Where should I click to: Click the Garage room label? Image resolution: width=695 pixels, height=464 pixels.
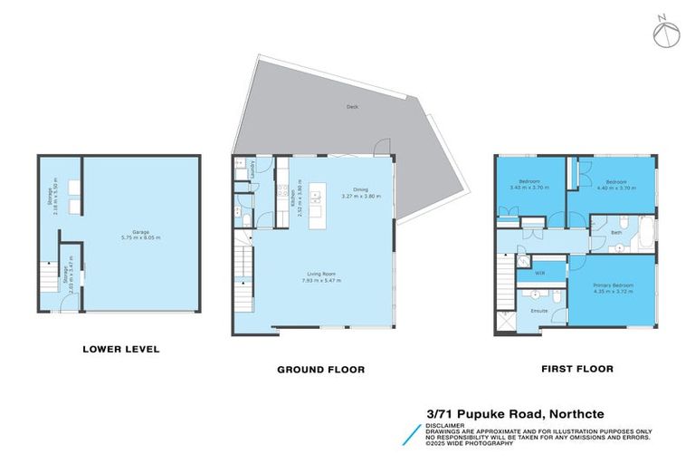[140, 233]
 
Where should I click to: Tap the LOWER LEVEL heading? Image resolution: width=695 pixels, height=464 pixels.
[121, 348]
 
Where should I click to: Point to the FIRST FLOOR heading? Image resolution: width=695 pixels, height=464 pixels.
[576, 369]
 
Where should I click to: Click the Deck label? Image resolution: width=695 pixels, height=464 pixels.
[352, 107]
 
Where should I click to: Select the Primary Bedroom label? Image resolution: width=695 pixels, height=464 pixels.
[613, 285]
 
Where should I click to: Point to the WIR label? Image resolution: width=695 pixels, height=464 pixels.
[539, 272]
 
